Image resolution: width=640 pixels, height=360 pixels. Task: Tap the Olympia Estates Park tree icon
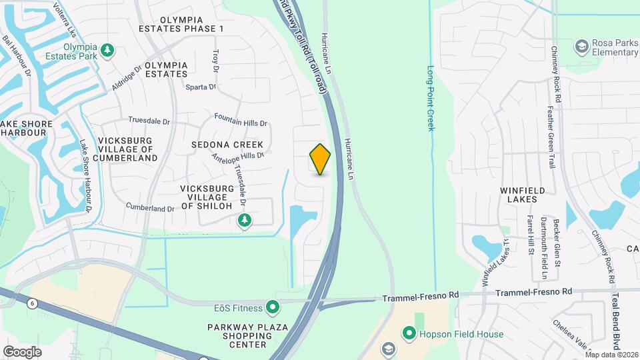coord(107,51)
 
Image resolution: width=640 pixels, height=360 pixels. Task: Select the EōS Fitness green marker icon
coord(272,307)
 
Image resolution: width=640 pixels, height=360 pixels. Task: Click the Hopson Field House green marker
coord(409,333)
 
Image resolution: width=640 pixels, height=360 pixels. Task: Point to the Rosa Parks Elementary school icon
coord(582,46)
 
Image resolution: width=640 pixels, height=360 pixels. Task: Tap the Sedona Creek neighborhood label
coord(227,145)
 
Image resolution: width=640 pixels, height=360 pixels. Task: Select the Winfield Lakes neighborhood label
coord(523,195)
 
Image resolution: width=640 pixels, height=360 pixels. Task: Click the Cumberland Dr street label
coord(149,208)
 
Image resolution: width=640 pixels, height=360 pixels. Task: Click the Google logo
coord(22,351)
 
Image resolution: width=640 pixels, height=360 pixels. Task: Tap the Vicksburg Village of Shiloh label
coord(207,197)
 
